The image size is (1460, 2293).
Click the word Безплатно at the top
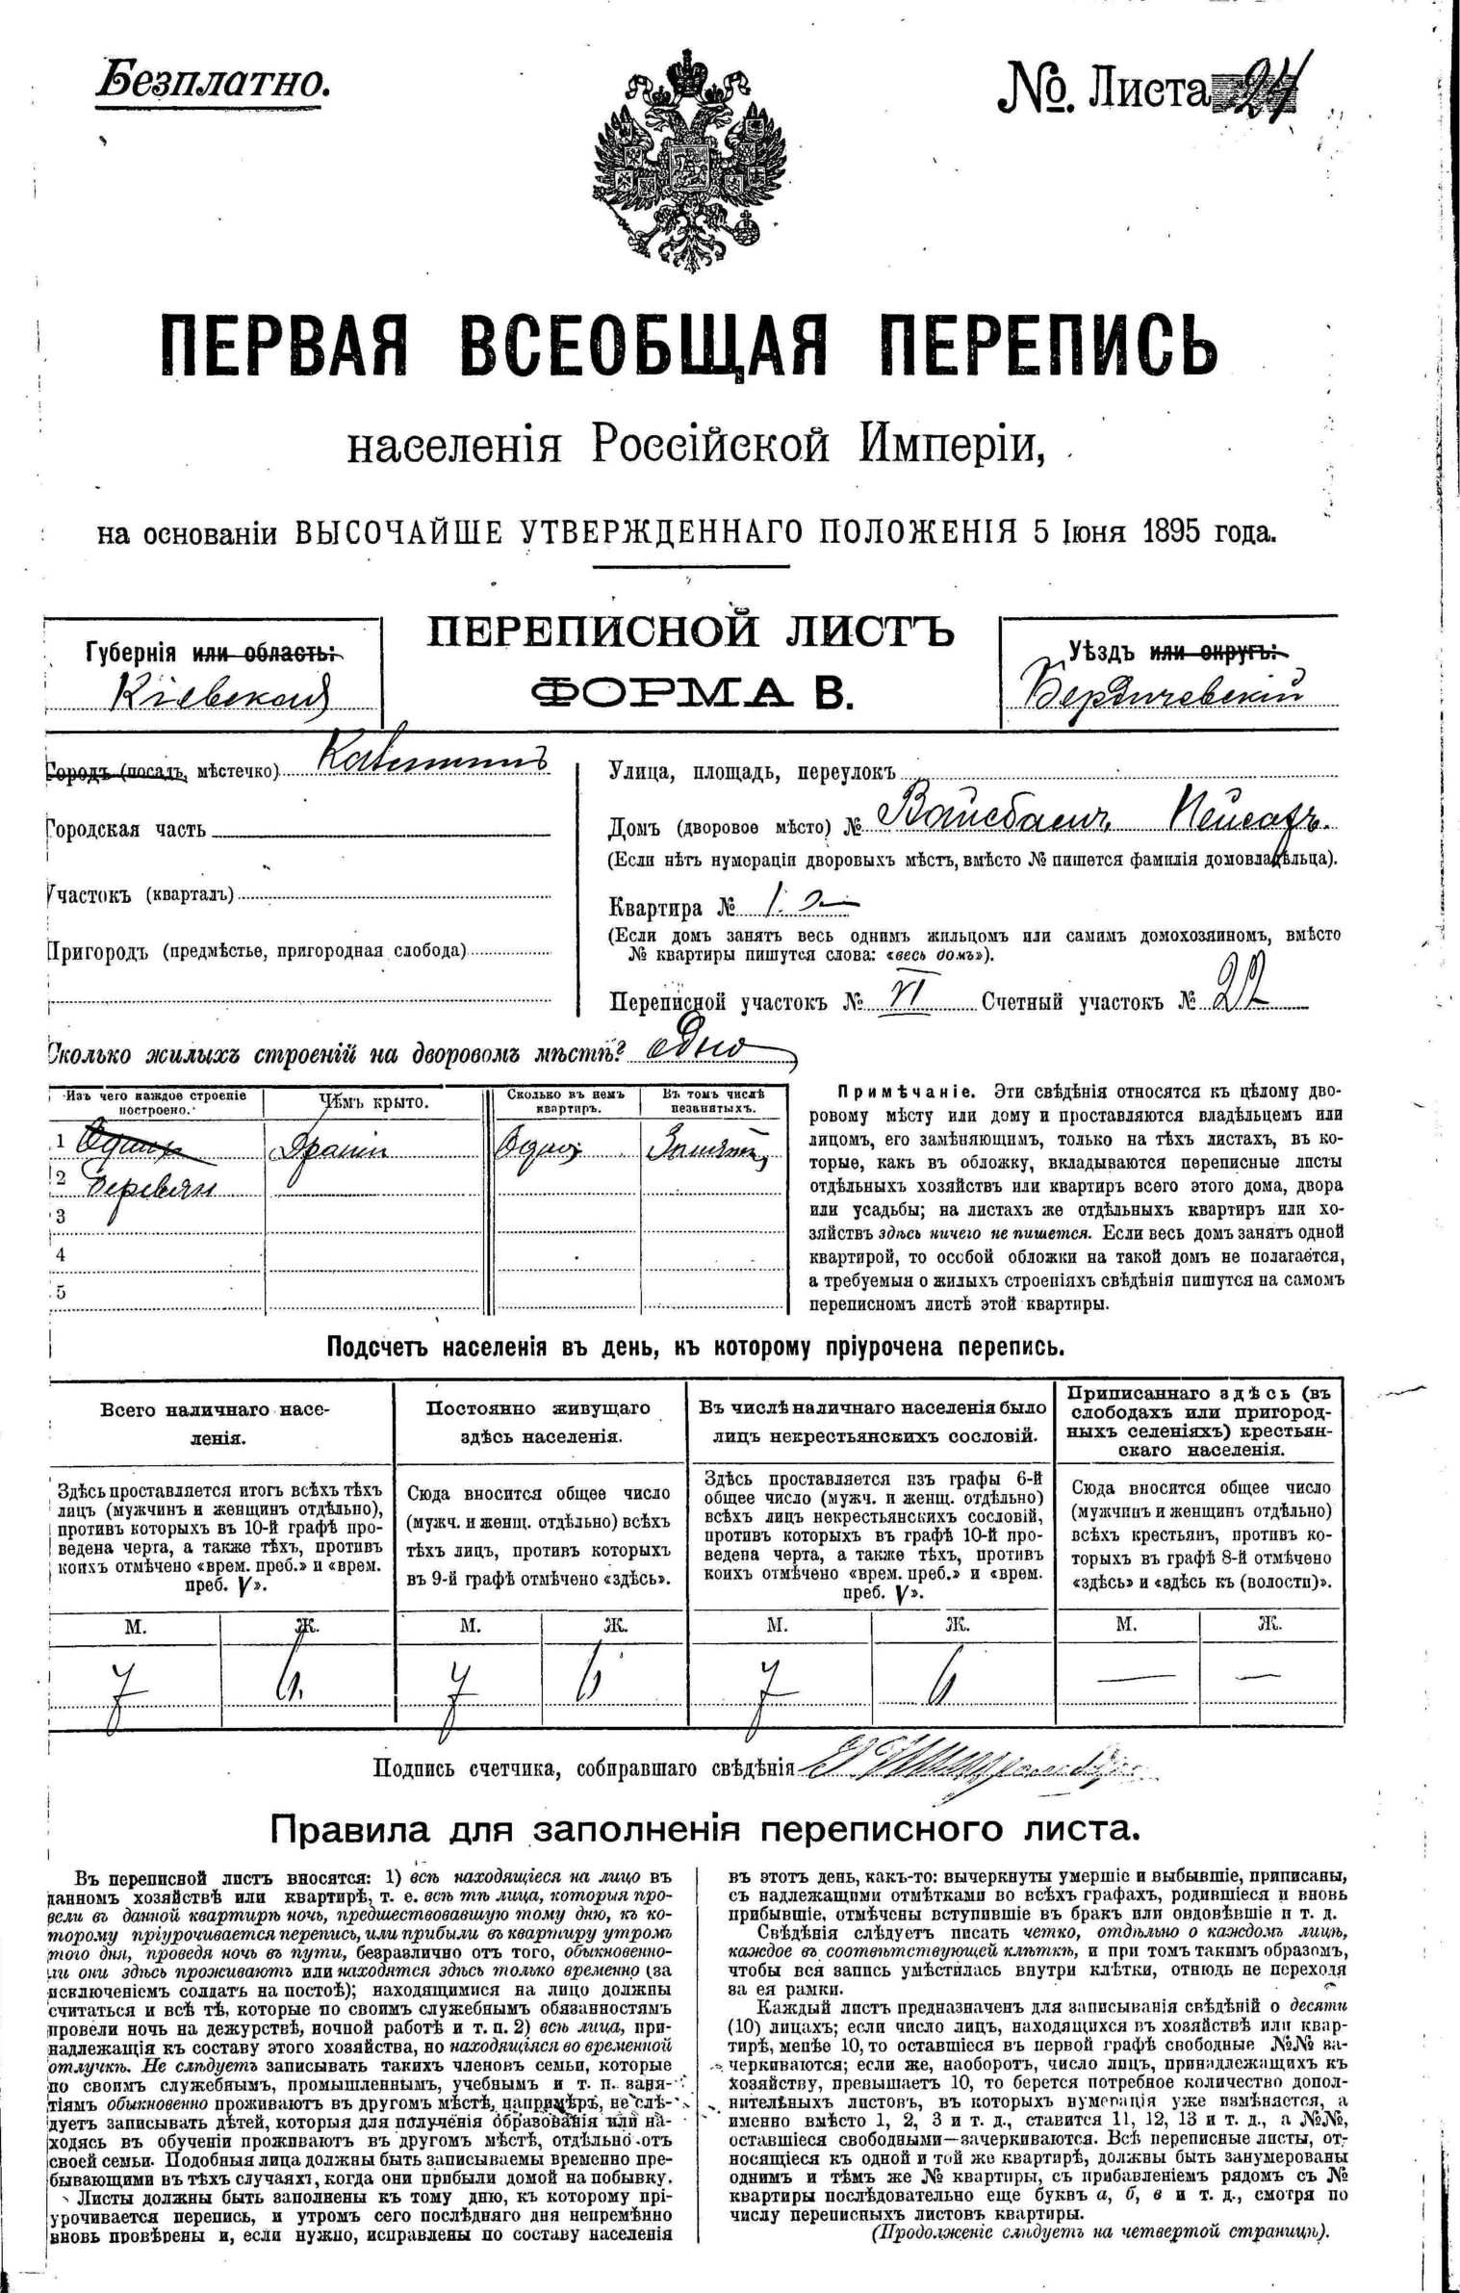tap(213, 83)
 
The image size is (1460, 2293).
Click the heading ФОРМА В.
tap(692, 692)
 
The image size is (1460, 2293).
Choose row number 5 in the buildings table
tap(60, 1293)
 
